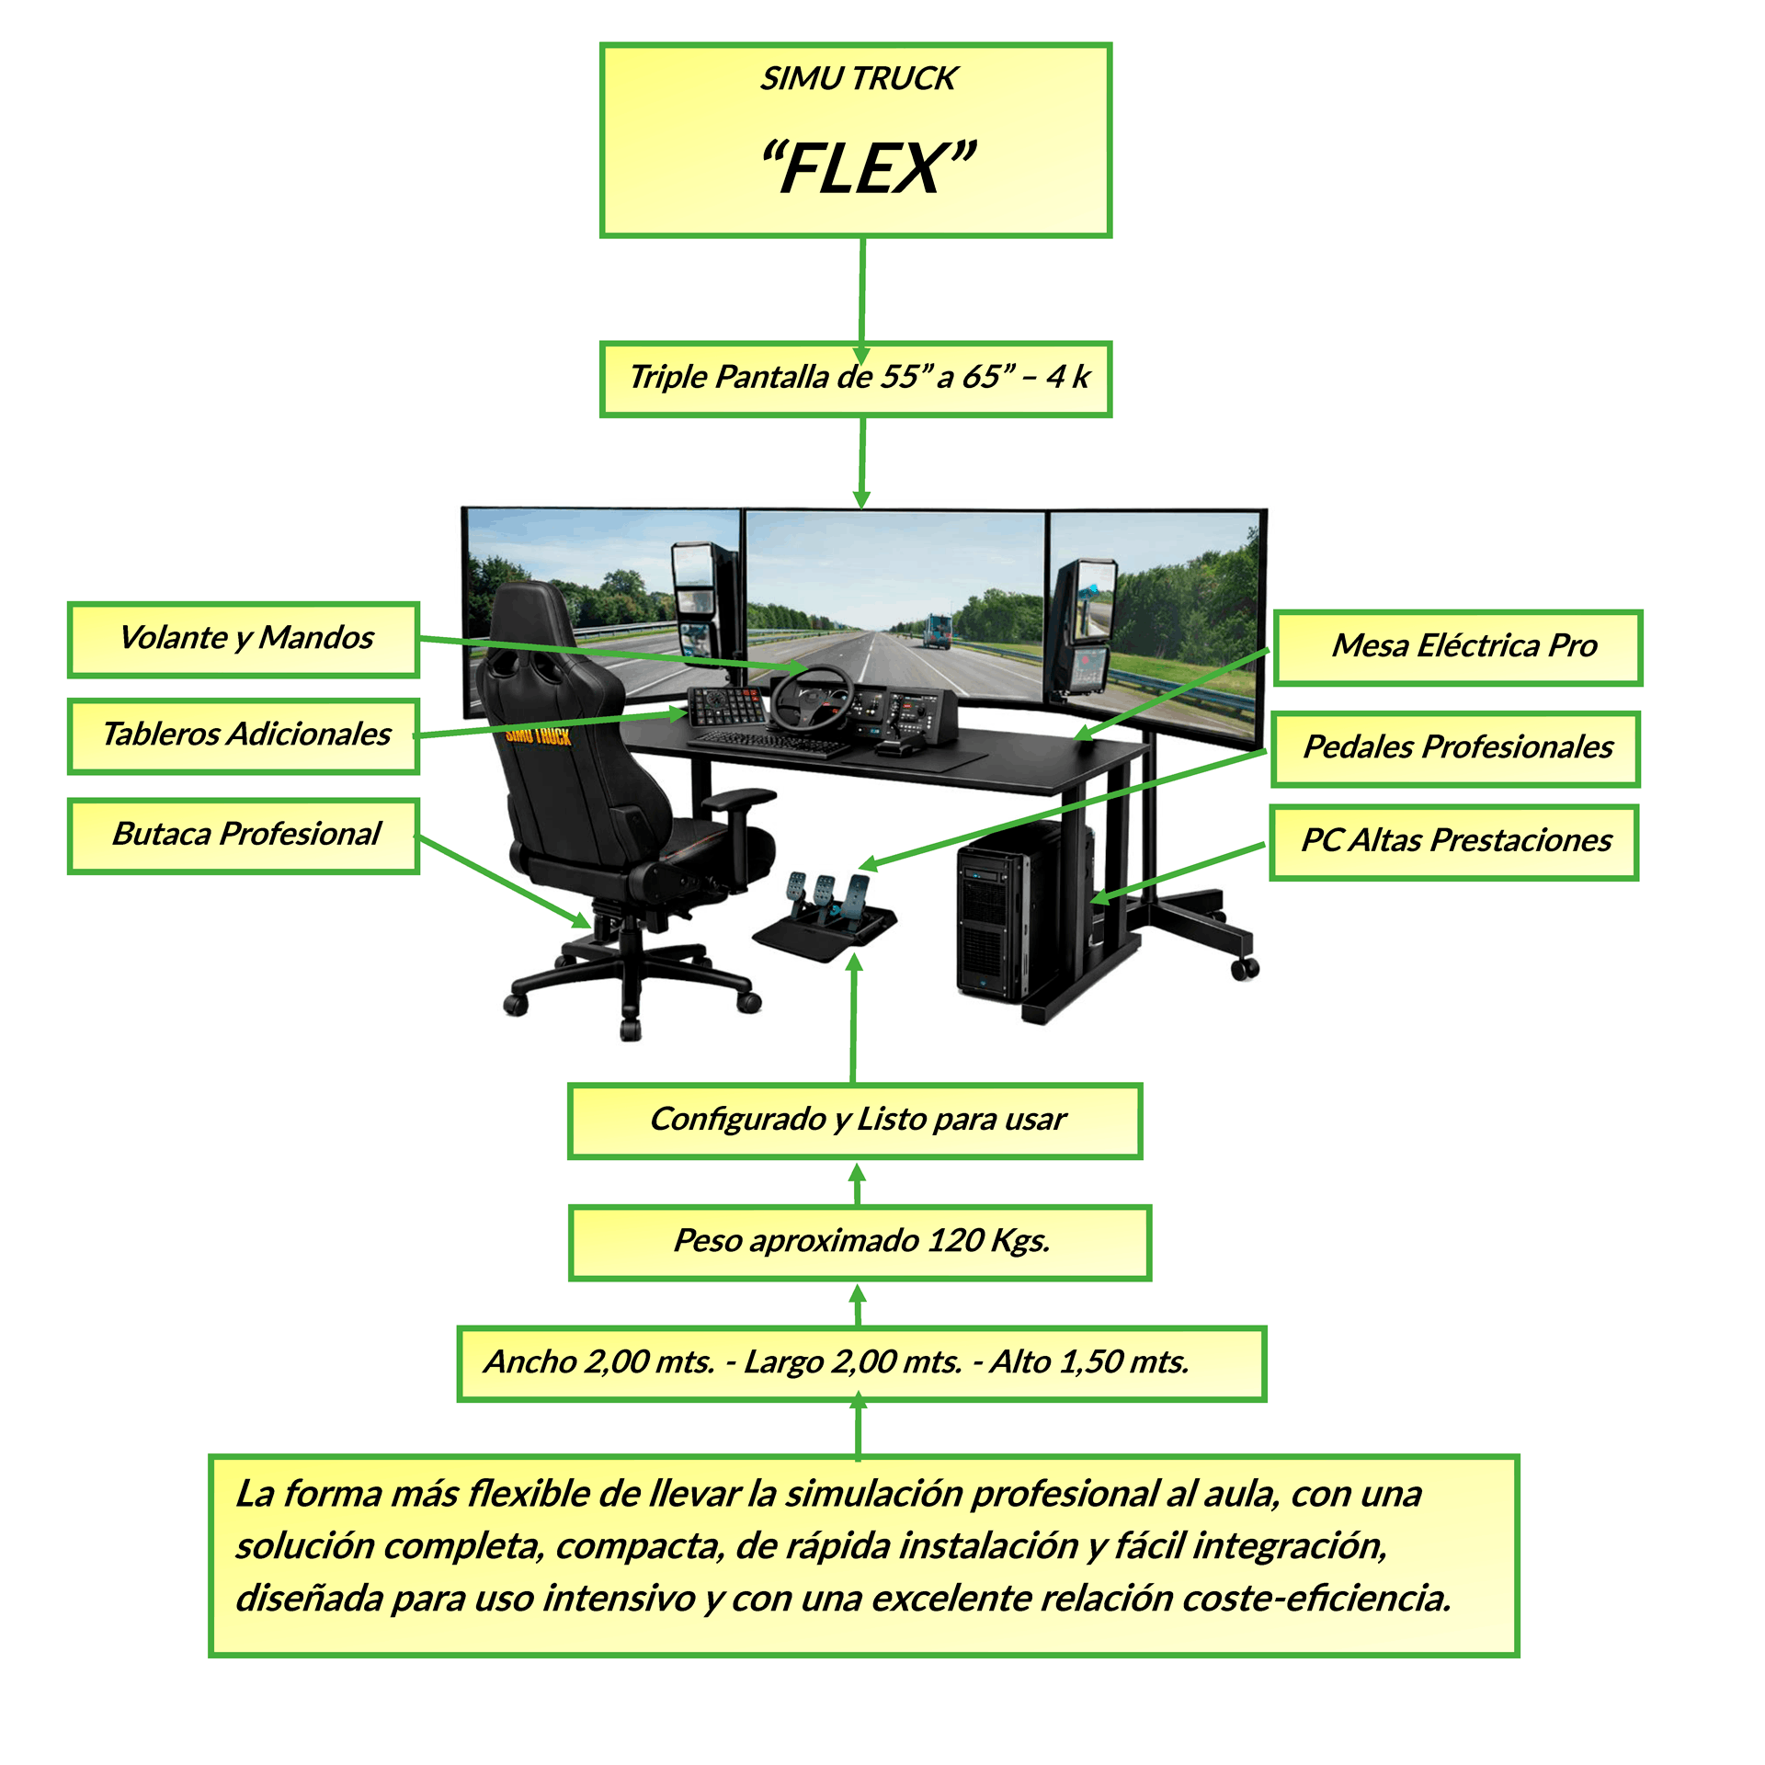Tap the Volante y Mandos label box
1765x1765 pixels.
click(244, 640)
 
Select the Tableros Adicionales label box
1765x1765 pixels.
click(244, 736)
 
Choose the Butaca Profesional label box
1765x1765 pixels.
click(244, 836)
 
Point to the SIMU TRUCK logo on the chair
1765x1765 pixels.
click(539, 736)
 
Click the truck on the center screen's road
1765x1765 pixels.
click(937, 630)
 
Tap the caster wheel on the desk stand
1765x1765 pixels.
click(1245, 968)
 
